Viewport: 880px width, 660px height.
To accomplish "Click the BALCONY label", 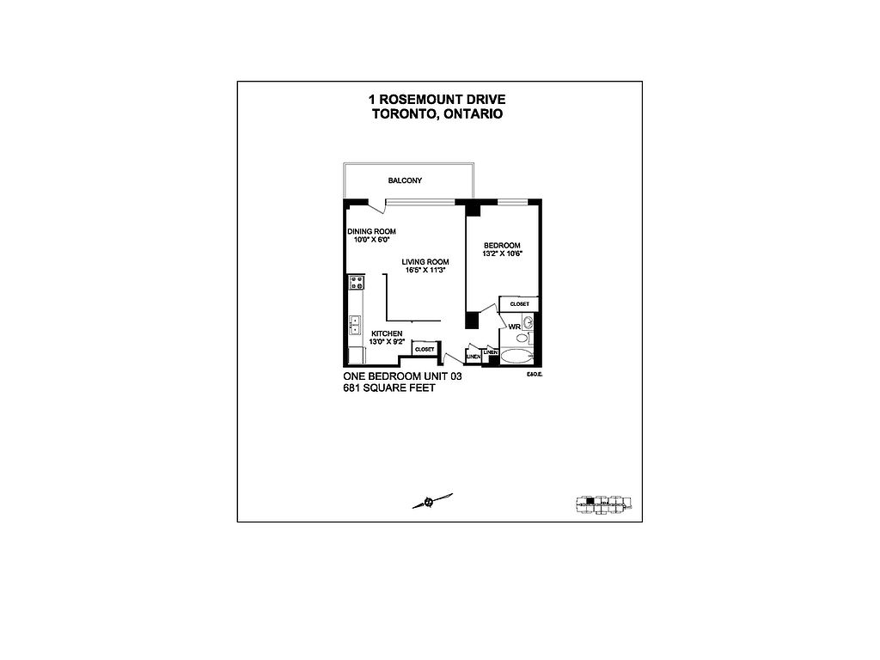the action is tap(405, 180).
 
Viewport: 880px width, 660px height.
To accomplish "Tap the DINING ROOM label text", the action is tap(371, 231).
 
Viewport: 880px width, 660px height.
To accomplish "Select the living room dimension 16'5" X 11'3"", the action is tap(425, 271).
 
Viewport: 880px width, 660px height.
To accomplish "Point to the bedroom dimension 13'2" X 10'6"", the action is tap(503, 254).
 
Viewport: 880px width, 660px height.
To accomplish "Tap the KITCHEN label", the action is tap(386, 333).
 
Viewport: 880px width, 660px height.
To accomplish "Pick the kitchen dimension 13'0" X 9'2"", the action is tap(386, 341).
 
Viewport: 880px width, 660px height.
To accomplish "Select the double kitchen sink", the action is tap(355, 325).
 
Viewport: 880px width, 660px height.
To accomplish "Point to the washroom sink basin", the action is tap(529, 323).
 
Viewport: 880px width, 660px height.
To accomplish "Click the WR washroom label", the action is tap(514, 327).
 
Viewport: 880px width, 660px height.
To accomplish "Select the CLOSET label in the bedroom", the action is tap(519, 304).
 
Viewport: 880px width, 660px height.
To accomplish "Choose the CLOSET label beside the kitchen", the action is tap(425, 350).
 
